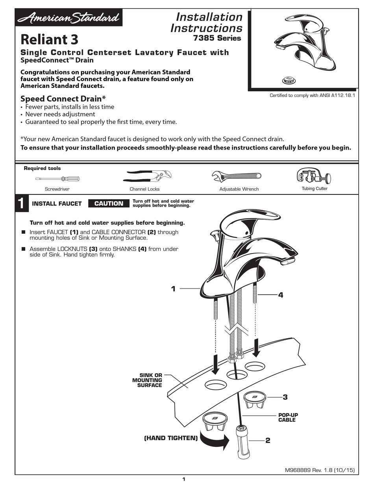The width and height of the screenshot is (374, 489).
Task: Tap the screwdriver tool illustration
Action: point(57,179)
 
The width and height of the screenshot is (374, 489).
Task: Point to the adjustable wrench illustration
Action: point(236,176)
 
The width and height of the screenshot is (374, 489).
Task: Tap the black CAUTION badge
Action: point(109,204)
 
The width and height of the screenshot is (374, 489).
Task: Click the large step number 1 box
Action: point(21,203)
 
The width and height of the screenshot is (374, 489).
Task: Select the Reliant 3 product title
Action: point(49,39)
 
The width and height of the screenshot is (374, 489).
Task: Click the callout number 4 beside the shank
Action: point(281,295)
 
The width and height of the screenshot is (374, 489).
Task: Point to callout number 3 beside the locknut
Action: point(285,397)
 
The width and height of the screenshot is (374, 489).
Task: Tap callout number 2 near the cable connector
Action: point(268,441)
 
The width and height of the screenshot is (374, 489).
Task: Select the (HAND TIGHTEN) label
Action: point(171,438)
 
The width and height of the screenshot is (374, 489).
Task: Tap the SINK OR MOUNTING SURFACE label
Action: point(147,380)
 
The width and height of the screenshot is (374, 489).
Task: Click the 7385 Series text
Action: point(217,39)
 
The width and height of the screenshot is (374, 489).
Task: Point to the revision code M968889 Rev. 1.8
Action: point(320,470)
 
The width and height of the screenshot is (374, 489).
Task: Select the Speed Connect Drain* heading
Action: point(63,98)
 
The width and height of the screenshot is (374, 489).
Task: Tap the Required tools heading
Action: point(43,169)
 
